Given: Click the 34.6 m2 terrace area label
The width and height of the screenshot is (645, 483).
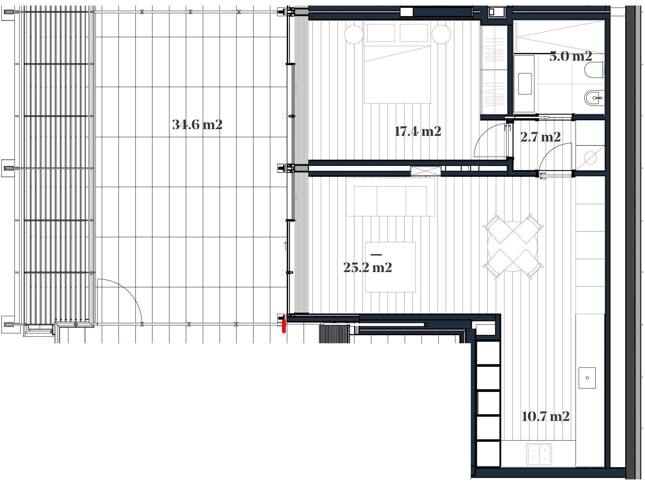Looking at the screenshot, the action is [x=197, y=125].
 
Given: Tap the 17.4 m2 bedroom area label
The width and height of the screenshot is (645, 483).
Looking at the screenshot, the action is [x=418, y=132].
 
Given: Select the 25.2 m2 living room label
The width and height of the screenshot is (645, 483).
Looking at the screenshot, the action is [x=367, y=267].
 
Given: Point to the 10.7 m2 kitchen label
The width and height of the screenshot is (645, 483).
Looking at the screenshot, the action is [x=546, y=417].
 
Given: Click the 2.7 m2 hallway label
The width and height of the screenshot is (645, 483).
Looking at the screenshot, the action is [x=540, y=137].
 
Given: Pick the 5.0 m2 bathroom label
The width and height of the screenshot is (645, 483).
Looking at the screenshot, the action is [x=571, y=56].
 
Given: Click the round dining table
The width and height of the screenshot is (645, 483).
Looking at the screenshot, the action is [x=513, y=246].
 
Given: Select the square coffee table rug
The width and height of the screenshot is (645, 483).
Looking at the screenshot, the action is [x=390, y=267].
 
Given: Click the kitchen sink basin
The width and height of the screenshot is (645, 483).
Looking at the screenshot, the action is [x=587, y=378].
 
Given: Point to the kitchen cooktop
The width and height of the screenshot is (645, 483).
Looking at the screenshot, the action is [x=540, y=454].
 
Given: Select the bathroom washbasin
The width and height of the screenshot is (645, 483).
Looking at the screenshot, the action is [x=525, y=84].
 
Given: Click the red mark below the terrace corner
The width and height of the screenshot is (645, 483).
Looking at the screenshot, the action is [x=284, y=326].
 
